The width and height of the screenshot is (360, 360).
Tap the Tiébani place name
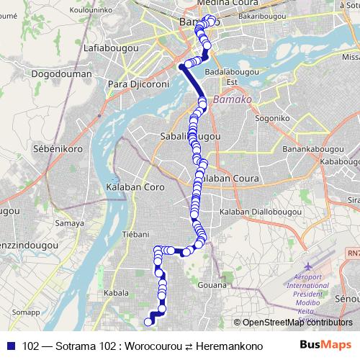(135, 234)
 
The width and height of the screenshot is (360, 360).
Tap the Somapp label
(25, 312)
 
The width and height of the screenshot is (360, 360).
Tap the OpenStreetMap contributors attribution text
(295, 323)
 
